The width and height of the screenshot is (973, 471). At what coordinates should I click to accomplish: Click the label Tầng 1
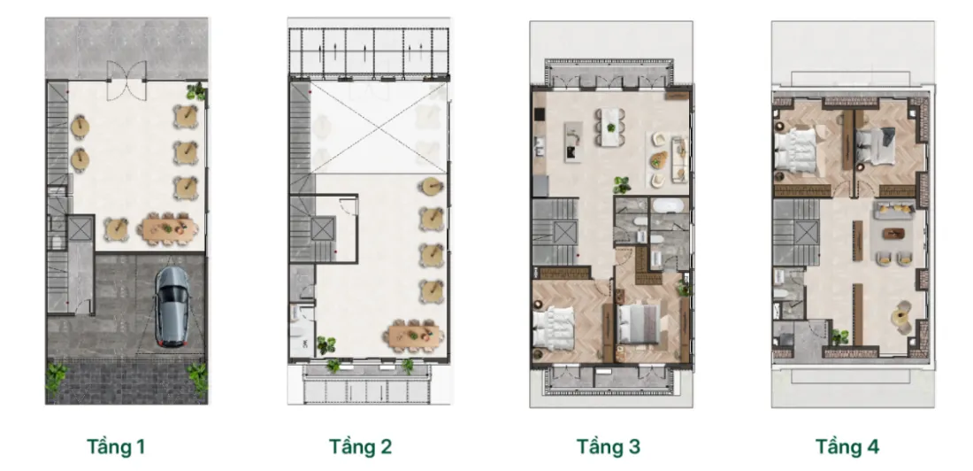116,447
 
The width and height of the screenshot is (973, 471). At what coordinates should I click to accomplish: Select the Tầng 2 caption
361,447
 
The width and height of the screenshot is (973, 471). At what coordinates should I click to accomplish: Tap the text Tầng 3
609,447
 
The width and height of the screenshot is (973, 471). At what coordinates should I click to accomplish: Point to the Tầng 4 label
847,447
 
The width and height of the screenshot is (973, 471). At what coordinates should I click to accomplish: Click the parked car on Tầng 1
172,307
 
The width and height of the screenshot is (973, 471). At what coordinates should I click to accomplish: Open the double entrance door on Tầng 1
126,81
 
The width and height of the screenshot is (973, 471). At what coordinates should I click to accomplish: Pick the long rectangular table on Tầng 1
170,228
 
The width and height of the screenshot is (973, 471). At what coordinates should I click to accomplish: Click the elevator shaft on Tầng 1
80,228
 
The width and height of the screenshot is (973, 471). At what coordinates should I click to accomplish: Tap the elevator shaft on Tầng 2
323,228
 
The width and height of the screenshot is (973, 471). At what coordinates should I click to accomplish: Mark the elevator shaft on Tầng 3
564,234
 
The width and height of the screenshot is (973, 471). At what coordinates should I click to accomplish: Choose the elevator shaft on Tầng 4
806,234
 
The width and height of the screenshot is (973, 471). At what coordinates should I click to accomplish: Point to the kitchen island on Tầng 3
573,142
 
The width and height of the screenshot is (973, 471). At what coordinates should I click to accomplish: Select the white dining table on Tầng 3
611,127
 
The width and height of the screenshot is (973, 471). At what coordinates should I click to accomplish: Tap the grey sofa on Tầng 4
894,210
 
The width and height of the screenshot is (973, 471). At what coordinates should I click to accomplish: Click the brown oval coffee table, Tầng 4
893,235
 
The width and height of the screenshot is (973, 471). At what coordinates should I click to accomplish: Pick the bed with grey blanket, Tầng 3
639,324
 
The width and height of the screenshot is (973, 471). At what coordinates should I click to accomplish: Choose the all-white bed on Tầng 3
554,328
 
